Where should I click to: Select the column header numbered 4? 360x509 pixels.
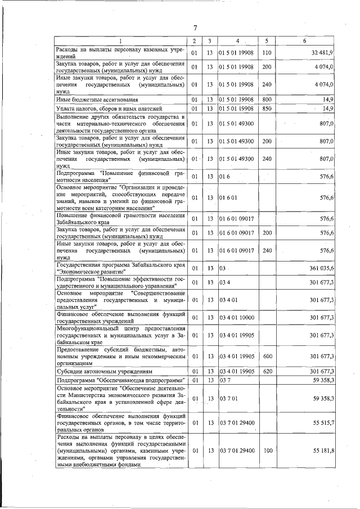[x=237, y=41]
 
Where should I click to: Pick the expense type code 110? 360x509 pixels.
[x=267, y=53]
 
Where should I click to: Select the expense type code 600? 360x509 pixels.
[x=267, y=356]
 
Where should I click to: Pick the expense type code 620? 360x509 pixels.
[x=267, y=372]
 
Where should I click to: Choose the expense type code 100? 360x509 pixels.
[x=267, y=451]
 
